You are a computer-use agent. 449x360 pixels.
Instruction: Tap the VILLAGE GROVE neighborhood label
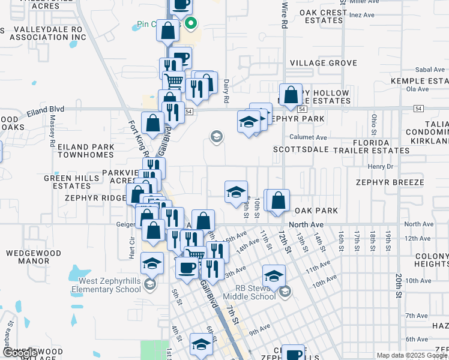pyautogui.click(x=323, y=63)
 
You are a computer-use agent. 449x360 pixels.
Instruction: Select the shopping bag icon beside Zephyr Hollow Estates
pyautogui.click(x=291, y=95)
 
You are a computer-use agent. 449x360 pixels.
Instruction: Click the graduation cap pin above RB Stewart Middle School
pyautogui.click(x=274, y=276)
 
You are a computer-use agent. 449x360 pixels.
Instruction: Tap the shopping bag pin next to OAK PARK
pyautogui.click(x=278, y=201)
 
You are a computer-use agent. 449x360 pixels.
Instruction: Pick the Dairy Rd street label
pyautogui.click(x=226, y=91)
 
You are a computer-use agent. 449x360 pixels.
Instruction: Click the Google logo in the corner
pyautogui.click(x=19, y=353)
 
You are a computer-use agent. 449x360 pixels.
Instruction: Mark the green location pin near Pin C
pyautogui.click(x=191, y=25)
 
